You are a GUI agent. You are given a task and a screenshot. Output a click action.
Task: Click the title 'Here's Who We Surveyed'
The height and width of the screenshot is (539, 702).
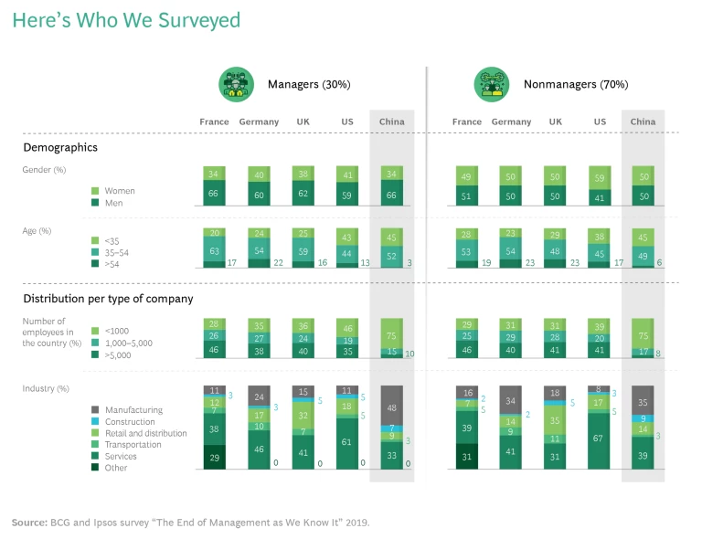[x=127, y=20]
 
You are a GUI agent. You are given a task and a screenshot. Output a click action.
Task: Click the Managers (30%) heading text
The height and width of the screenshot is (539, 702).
[x=309, y=85]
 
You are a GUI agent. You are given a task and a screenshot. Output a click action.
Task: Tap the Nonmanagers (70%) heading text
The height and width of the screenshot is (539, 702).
[x=576, y=85]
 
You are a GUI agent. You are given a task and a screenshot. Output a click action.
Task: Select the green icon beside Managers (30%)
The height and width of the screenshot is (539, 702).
[x=235, y=84]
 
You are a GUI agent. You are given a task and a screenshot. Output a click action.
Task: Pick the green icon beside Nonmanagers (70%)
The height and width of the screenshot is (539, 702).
[x=491, y=84]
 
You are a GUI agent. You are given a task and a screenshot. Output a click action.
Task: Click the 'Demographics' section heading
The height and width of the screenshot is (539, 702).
[x=60, y=147]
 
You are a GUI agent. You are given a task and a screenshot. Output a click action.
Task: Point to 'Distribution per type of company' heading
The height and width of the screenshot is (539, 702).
[x=108, y=299]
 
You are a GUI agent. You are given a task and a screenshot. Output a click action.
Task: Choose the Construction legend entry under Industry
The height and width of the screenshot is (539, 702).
[x=129, y=422]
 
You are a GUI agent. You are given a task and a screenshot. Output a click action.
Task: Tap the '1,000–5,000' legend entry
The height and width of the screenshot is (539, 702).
[x=129, y=343]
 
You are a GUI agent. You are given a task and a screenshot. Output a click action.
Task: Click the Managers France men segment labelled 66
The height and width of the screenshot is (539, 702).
[x=215, y=194]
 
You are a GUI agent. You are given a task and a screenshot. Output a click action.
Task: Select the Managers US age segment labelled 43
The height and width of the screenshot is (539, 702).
[x=347, y=237]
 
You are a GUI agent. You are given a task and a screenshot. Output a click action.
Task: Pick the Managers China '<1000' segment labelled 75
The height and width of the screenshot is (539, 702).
[x=391, y=334]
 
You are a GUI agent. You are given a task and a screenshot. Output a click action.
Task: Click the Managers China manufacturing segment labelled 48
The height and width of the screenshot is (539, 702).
[x=391, y=407]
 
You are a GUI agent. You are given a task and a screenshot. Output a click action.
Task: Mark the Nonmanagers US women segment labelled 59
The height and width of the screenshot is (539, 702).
[x=600, y=178]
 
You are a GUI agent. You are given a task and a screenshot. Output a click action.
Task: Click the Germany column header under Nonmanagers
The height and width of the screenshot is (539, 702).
[x=511, y=122]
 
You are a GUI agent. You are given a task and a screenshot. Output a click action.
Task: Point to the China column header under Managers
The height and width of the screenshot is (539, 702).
[x=391, y=122]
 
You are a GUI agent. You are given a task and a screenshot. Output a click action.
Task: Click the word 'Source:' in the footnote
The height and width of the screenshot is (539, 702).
[x=29, y=523]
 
